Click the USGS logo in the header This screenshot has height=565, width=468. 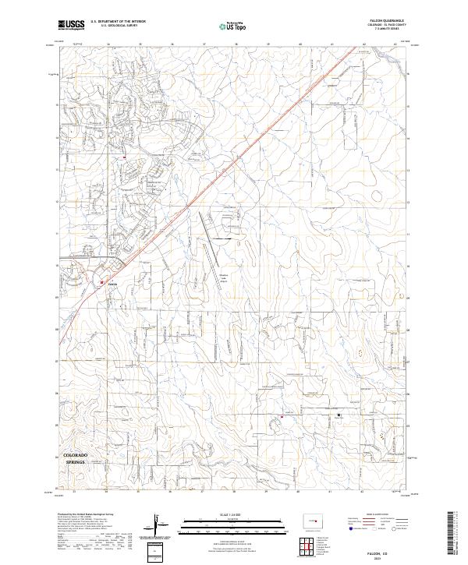pos(72,26)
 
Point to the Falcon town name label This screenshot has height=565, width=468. pos(112,284)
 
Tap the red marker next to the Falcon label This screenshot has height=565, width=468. pos(102,283)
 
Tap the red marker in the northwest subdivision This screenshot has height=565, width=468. pos(124,157)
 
